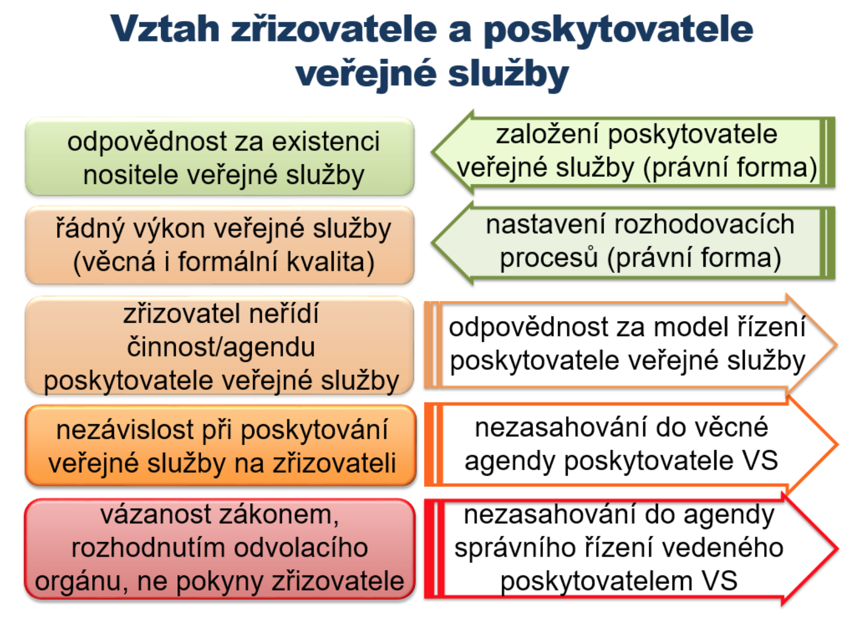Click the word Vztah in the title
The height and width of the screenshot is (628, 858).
click(165, 29)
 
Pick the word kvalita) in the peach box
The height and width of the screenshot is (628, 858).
click(331, 262)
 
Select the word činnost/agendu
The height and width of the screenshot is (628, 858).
click(221, 347)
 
